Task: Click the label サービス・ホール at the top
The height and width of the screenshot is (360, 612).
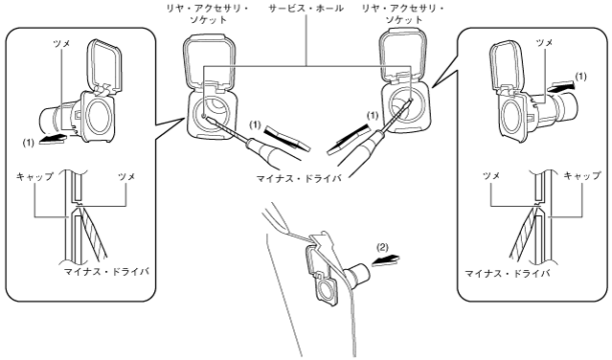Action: pyautogui.click(x=306, y=9)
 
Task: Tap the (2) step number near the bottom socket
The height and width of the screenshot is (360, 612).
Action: pyautogui.click(x=382, y=247)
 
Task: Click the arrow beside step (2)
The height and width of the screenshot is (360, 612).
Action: pyautogui.click(x=386, y=260)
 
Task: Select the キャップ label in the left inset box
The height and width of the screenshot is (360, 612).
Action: pyautogui.click(x=34, y=177)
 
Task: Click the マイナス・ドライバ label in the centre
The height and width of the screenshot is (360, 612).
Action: pyautogui.click(x=299, y=179)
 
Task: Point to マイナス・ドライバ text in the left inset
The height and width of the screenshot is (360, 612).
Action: pyautogui.click(x=106, y=272)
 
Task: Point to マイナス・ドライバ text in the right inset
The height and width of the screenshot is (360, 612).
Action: pyautogui.click(x=507, y=274)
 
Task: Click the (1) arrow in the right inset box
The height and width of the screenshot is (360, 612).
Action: pyautogui.click(x=561, y=87)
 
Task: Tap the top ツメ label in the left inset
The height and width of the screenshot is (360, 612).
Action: pyautogui.click(x=61, y=44)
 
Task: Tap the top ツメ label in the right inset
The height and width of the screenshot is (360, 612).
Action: pyautogui.click(x=544, y=42)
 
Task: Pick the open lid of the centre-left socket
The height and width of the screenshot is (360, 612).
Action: pyautogui.click(x=210, y=61)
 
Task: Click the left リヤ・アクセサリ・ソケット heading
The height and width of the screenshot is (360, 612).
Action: pyautogui.click(x=207, y=13)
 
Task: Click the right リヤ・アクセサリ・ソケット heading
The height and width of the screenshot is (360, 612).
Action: pyautogui.click(x=403, y=13)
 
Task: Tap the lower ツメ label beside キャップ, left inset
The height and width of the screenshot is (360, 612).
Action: pyautogui.click(x=126, y=177)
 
